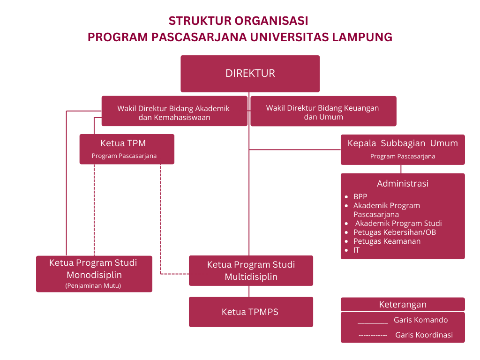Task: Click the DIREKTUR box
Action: tap(250, 74)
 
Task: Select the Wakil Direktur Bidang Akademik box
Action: tap(174, 112)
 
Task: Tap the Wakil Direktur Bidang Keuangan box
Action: tap(323, 112)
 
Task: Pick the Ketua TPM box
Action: tap(127, 149)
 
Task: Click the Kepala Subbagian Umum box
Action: tap(402, 149)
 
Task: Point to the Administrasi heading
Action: tap(402, 184)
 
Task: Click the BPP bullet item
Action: tap(360, 197)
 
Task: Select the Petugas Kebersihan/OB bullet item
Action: tap(395, 232)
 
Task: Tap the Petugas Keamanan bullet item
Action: tap(387, 241)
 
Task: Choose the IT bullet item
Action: tap(357, 250)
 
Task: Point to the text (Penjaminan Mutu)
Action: tap(93, 285)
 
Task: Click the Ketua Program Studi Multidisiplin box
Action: tap(251, 270)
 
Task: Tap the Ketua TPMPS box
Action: tap(250, 312)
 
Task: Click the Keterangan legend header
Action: tap(402, 305)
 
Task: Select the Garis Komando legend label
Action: tap(420, 320)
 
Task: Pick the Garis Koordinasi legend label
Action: tap(424, 335)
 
